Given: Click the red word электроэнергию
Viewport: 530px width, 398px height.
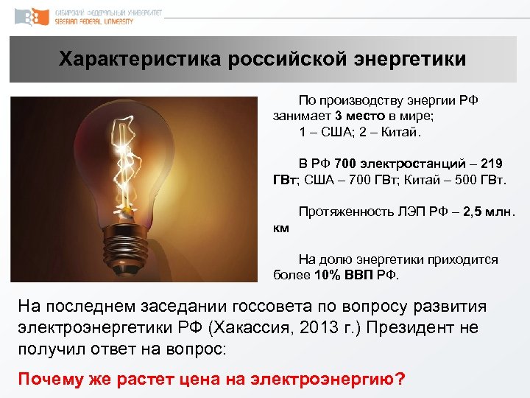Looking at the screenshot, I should coord(328,380).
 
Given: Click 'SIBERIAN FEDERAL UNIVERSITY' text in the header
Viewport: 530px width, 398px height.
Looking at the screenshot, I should coord(94,22).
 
